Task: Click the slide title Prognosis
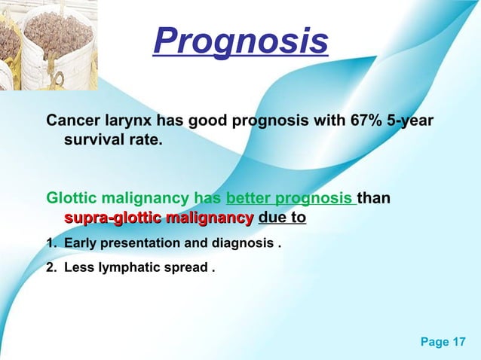pos(240,42)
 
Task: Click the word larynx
pos(127,121)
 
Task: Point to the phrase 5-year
pos(411,121)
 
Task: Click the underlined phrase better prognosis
pos(289,200)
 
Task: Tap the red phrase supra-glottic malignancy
pos(158,218)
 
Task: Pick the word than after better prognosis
pos(375,200)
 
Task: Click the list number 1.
pos(51,244)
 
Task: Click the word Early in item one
pos(80,244)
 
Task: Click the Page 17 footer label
pos(443,343)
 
